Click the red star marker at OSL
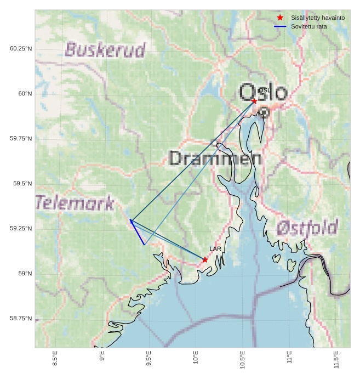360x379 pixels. pyautogui.click(x=254, y=101)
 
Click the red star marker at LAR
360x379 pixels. pyautogui.click(x=205, y=259)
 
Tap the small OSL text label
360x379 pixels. pyautogui.click(x=264, y=90)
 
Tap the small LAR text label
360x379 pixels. pyautogui.click(x=215, y=249)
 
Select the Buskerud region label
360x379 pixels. pyautogui.click(x=105, y=50)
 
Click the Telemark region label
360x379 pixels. pyautogui.click(x=75, y=203)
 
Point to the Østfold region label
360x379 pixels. pyautogui.click(x=307, y=227)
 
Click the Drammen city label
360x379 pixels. pyautogui.click(x=215, y=159)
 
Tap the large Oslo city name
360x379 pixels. pyautogui.click(x=263, y=92)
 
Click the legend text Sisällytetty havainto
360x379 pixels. pyautogui.click(x=318, y=18)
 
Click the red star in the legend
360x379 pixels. pyautogui.click(x=280, y=18)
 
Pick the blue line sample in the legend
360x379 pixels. pyautogui.click(x=280, y=26)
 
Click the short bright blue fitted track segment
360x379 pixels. pyautogui.click(x=137, y=233)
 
